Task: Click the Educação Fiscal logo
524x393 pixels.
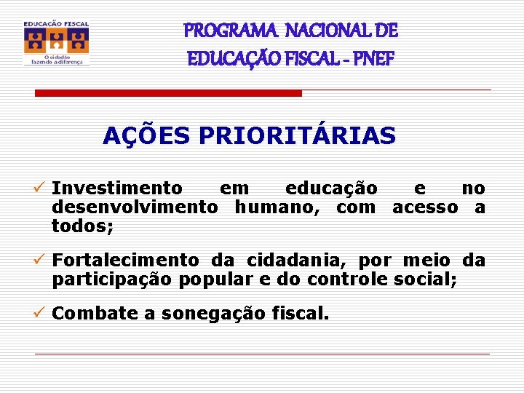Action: (x=56, y=43)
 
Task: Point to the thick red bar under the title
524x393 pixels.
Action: (x=169, y=93)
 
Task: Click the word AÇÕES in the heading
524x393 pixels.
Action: (x=146, y=135)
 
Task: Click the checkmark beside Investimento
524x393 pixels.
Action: (x=42, y=189)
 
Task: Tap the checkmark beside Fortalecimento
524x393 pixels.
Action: (x=42, y=260)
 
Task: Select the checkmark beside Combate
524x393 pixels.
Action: (x=42, y=314)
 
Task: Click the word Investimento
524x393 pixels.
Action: (x=117, y=189)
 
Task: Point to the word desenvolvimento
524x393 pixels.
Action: (x=135, y=207)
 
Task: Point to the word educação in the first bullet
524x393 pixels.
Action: (x=331, y=189)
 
